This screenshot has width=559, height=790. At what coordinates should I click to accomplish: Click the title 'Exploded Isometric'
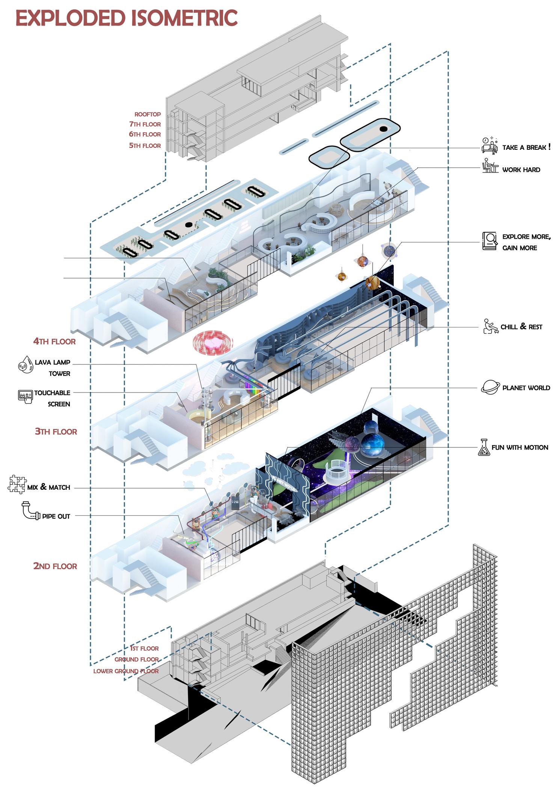127,18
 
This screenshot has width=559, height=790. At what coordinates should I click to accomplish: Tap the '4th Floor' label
54,341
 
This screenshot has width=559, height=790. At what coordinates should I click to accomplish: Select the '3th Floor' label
56,431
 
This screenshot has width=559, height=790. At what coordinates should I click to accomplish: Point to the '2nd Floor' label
55,566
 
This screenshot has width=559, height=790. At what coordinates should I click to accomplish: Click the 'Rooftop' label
148,114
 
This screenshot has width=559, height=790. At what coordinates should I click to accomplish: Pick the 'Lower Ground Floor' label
126,671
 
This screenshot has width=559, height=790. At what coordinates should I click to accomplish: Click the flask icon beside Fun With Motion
484,447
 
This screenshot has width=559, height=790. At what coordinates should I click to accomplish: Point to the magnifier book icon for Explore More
489,241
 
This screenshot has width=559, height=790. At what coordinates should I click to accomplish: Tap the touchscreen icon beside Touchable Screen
26,396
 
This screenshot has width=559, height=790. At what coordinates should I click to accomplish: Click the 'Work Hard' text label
521,170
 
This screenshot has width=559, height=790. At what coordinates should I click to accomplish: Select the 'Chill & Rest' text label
521,327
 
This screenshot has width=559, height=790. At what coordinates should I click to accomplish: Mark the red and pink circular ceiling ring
213,342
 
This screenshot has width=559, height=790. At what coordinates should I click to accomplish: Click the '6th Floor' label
145,134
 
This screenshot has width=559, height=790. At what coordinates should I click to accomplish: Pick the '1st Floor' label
144,648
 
